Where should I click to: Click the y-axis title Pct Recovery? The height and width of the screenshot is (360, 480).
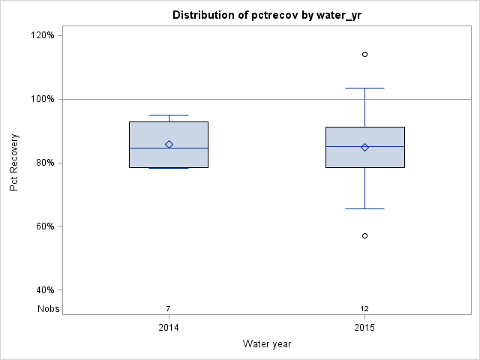tap(14, 163)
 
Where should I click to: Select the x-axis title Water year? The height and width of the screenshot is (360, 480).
tap(267, 343)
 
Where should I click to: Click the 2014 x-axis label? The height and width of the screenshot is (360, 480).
tap(169, 328)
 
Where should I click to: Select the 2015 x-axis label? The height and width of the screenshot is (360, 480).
tap(365, 328)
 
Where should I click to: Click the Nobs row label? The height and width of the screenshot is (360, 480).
tap(48, 308)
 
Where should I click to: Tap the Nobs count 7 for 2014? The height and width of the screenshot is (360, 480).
tap(169, 308)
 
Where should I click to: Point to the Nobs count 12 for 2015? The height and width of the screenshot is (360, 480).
tap(364, 308)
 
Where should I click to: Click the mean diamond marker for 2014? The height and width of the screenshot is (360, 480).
tap(169, 144)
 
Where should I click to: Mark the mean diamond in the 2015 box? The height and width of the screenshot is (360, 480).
tap(365, 147)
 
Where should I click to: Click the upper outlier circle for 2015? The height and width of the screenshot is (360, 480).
tap(365, 54)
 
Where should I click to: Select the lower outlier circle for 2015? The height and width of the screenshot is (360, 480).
tap(365, 235)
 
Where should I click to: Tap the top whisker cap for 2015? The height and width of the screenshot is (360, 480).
tap(365, 88)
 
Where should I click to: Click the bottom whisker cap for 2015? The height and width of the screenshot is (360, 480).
tap(365, 208)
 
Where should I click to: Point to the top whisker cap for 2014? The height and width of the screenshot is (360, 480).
tap(169, 115)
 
